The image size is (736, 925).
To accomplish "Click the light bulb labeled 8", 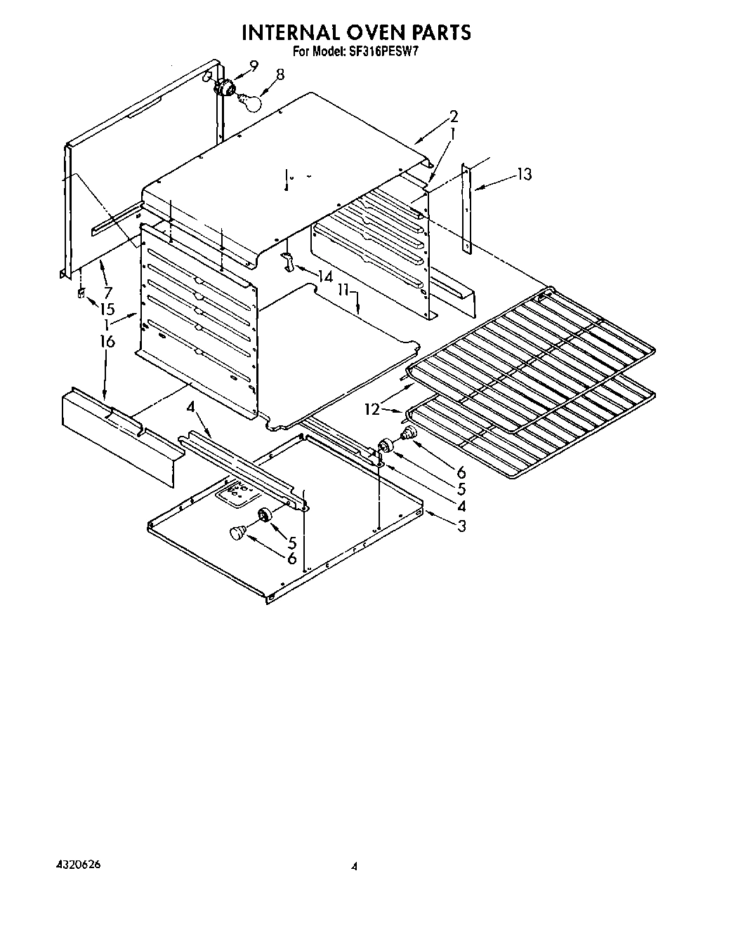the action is [249, 102].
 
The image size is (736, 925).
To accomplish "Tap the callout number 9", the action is [254, 66].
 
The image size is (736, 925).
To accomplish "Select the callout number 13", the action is [524, 174].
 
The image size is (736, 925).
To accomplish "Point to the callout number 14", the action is [324, 276].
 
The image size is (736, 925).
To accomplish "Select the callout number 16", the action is [107, 342].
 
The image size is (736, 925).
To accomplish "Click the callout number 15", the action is [107, 308].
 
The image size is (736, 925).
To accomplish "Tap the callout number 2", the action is [454, 116].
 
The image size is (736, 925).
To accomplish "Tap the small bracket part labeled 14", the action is [288, 261].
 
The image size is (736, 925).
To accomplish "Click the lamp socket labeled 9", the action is [226, 87].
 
